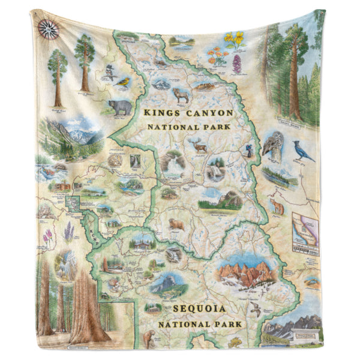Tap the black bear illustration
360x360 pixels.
(x=121, y=108)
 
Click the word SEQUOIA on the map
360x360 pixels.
(x=198, y=310)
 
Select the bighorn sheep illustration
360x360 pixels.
(x=181, y=94)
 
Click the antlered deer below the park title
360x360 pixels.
(x=198, y=145)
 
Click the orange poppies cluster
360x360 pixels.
(x=216, y=57)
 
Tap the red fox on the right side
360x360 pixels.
(x=278, y=207)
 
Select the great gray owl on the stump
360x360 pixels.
(x=274, y=147)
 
